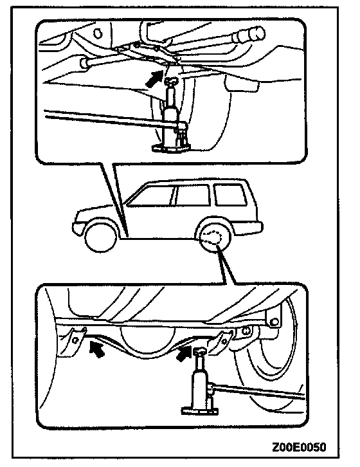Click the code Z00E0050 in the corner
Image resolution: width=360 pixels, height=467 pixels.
pos(299,447)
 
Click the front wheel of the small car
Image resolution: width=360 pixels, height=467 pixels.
pos(101,237)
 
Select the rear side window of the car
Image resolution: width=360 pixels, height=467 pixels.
pos(230,195)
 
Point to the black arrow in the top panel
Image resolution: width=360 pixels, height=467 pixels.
pos(154,78)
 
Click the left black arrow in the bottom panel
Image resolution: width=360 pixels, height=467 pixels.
pos(97,349)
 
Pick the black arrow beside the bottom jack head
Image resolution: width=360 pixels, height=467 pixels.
pos(184,354)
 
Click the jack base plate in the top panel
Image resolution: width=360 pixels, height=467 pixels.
pos(171,148)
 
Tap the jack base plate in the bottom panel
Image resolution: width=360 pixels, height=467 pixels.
pos(200,410)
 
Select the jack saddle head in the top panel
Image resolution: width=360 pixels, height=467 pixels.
pos(171,81)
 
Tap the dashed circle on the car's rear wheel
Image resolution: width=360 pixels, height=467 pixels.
pos(211,237)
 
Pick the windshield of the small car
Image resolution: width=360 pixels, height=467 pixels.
pos(149,195)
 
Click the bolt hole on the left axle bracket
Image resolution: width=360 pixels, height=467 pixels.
pos(75,340)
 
